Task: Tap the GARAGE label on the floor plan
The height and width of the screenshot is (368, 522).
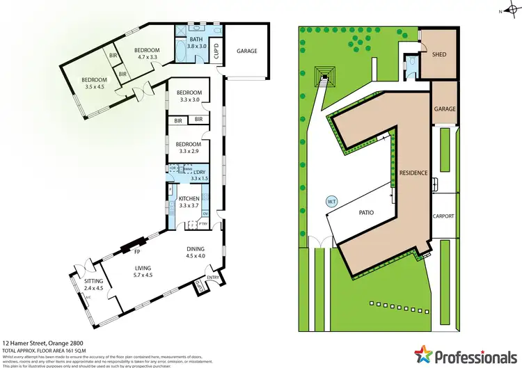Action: [x=247, y=51]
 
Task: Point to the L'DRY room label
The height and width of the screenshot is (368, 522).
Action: [x=200, y=175]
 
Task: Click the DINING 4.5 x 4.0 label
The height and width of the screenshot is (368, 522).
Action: [x=196, y=252]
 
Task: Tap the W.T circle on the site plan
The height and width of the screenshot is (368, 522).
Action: [x=331, y=202]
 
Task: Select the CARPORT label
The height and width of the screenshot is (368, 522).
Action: [x=444, y=216]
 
